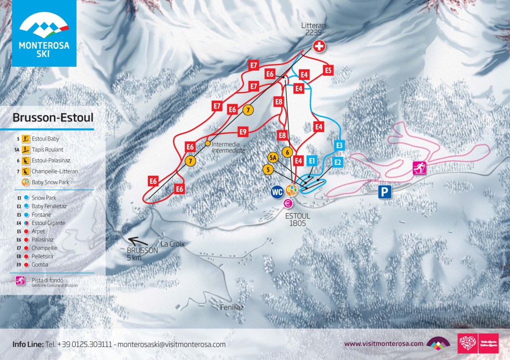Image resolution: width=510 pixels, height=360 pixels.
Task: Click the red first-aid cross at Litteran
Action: click(319, 47)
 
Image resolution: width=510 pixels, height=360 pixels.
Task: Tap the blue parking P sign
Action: click(383, 192)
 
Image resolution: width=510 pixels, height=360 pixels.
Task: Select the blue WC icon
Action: click(277, 191)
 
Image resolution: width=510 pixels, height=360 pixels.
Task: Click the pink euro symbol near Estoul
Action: click(287, 203)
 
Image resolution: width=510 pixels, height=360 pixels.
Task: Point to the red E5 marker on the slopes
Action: click(328, 70)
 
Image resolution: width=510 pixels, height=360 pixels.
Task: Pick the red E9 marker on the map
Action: click(243, 132)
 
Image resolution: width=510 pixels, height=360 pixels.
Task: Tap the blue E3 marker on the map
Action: click(340, 145)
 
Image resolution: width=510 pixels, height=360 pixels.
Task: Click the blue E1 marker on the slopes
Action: click(312, 161)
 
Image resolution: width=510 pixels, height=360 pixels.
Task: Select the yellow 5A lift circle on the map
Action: click(272, 158)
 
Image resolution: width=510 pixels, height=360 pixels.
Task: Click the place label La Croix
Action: click(173, 244)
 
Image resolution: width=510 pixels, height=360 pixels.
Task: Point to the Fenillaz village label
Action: click(232, 308)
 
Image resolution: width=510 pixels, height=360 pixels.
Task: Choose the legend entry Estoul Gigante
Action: click(48, 223)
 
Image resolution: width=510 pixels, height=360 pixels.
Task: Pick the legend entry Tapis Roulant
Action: click(47, 149)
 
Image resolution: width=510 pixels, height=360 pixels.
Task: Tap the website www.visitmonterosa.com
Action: click(383, 344)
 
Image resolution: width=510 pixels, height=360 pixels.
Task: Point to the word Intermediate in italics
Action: click(229, 150)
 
